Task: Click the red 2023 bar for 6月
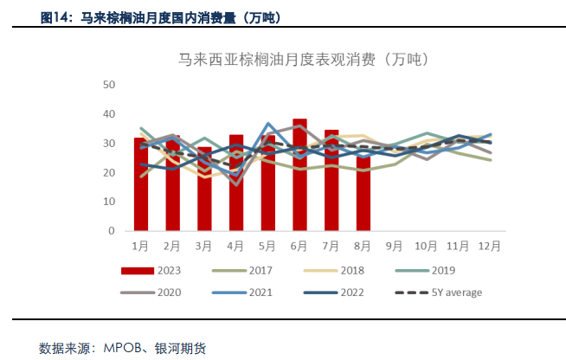click(299, 176)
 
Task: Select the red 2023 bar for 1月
click(140, 184)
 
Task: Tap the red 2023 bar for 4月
click(236, 183)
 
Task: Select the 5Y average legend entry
click(442, 292)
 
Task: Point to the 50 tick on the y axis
click(109, 85)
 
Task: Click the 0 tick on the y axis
click(112, 232)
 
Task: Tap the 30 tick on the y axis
click(109, 144)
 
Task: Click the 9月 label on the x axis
click(395, 245)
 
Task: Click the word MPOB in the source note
click(122, 348)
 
